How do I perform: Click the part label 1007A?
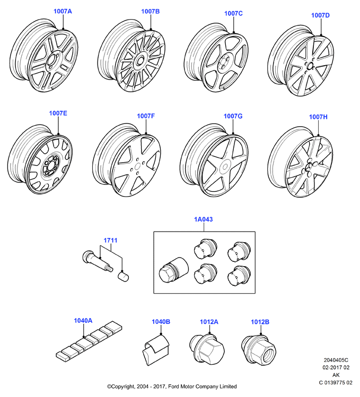63,11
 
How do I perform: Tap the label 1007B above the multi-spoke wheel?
150,11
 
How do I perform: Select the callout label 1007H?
318,117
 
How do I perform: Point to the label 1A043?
204,219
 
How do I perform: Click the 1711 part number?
110,240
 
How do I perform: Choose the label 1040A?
83,321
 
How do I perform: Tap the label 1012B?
260,322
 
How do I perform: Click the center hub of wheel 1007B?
139,61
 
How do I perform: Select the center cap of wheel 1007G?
224,167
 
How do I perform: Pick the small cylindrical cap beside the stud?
123,276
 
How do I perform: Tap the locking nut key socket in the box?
173,270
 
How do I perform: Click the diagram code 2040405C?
336,360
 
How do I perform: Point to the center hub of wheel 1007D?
310,66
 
